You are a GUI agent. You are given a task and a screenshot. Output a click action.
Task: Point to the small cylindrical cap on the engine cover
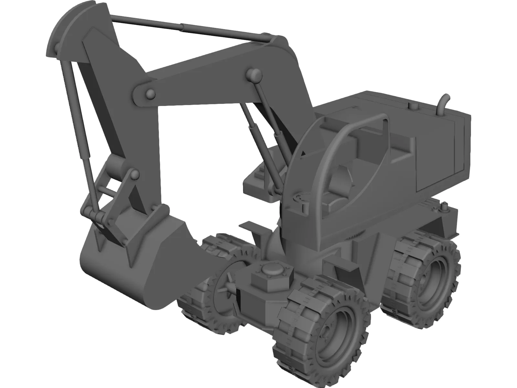pos(413,106)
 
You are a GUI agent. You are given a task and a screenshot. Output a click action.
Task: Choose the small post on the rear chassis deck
pos(444,207)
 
